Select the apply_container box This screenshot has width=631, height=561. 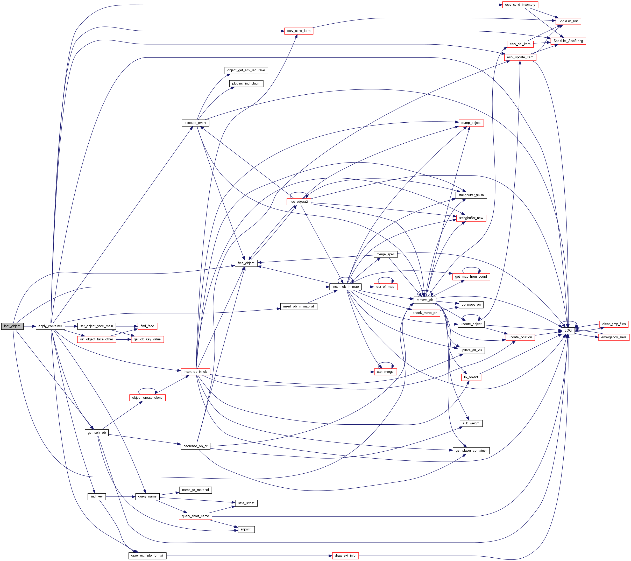click(x=50, y=326)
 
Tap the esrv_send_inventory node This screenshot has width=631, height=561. click(x=520, y=5)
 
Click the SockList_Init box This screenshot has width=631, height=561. click(x=568, y=21)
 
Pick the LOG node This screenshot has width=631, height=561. click(x=568, y=330)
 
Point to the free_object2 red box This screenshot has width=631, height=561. click(x=299, y=202)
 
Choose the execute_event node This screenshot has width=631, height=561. click(x=195, y=123)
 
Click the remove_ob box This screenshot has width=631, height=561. click(x=425, y=300)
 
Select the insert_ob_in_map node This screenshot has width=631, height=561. click(x=345, y=287)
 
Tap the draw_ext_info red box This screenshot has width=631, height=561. click(x=345, y=556)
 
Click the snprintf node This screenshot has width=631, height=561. click(x=246, y=529)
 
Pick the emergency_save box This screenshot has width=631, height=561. click(x=614, y=337)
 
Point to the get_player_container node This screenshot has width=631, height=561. click(x=471, y=451)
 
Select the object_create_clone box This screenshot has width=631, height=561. click(x=147, y=398)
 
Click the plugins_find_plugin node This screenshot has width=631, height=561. click(x=246, y=83)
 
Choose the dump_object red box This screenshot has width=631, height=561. click(x=471, y=123)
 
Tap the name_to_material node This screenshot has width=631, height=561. click(x=195, y=490)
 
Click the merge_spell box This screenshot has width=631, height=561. click(x=385, y=254)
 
